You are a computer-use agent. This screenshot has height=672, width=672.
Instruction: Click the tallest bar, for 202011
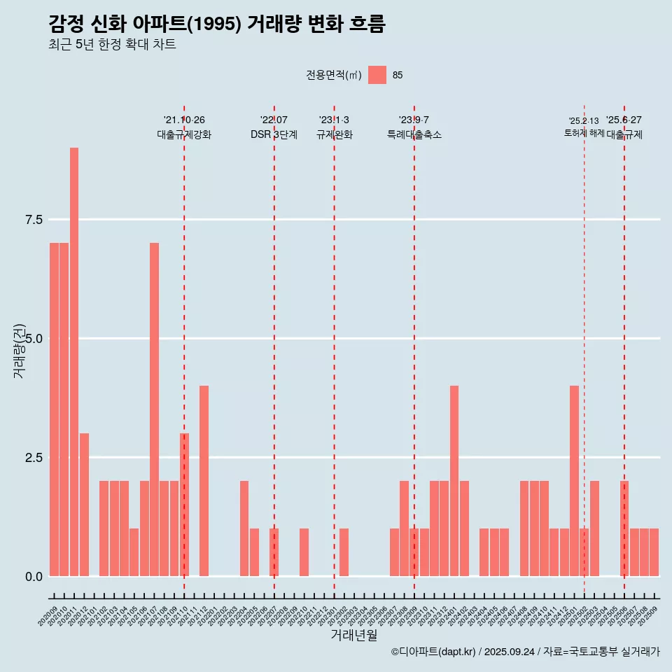tap(74, 362)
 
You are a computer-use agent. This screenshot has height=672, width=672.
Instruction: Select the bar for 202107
tap(154, 409)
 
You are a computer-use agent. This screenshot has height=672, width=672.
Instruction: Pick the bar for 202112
tap(204, 481)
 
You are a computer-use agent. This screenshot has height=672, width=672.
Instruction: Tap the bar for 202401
tap(454, 481)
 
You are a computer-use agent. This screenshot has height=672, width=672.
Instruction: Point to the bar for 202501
tap(574, 481)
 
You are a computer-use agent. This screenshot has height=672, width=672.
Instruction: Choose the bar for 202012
tap(84, 505)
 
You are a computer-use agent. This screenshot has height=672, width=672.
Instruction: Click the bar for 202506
tap(624, 528)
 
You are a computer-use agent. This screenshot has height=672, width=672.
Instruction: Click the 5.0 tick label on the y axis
tap(34, 339)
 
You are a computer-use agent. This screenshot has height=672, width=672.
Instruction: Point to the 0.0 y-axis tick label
tap(34, 577)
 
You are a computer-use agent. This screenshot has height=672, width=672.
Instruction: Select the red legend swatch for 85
tap(377, 75)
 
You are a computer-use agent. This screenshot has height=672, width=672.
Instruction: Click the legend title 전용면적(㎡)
tap(333, 75)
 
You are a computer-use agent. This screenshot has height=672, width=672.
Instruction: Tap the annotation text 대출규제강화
tap(184, 134)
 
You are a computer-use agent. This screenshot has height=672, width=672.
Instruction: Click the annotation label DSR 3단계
tap(274, 134)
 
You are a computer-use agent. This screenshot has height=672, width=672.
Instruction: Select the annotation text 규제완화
tap(335, 134)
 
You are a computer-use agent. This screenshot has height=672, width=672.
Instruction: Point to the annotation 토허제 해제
tap(584, 133)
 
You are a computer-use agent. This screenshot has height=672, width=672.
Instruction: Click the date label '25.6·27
tap(624, 120)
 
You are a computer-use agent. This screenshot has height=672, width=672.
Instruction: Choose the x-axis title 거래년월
tap(353, 636)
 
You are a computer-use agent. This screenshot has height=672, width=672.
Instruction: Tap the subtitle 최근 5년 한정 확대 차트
tap(112, 45)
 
